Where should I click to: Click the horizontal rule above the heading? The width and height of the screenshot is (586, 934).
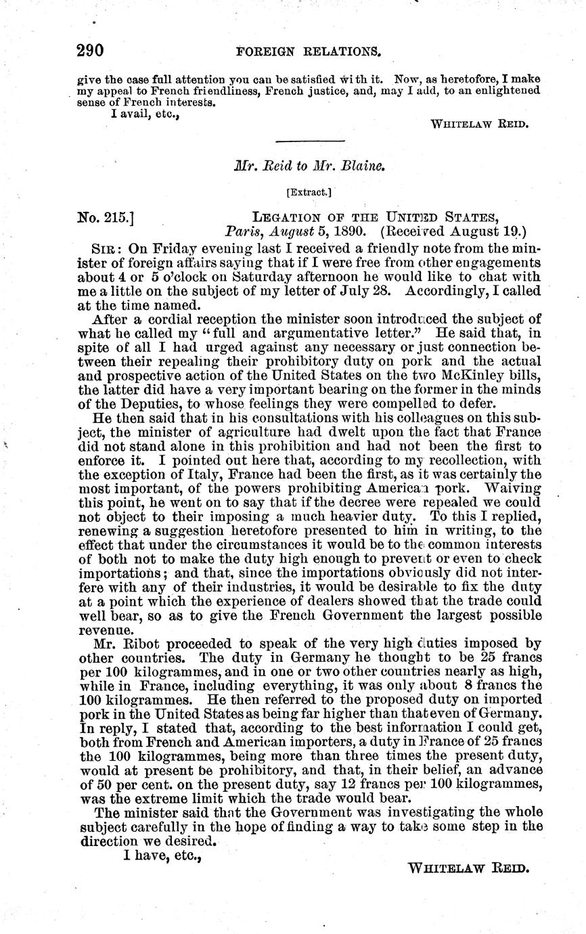[311, 141]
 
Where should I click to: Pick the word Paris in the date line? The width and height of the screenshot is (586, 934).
[241, 231]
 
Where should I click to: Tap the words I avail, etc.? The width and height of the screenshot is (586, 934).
[139, 114]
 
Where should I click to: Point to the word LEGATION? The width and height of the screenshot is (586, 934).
[288, 217]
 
